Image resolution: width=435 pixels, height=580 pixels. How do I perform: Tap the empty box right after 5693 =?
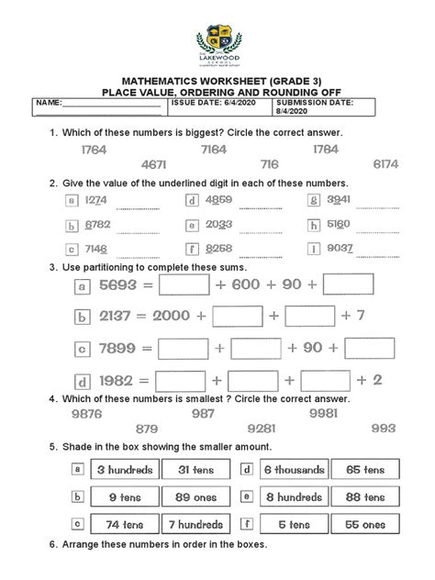(184, 286)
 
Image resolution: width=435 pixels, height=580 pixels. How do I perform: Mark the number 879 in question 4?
(147, 429)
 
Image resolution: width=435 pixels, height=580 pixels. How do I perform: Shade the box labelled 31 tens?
(195, 470)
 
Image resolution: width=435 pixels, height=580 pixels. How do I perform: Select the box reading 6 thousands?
(294, 470)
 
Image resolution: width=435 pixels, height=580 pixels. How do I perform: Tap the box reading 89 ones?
(195, 497)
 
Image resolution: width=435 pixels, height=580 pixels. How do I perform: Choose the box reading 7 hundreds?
(195, 526)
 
